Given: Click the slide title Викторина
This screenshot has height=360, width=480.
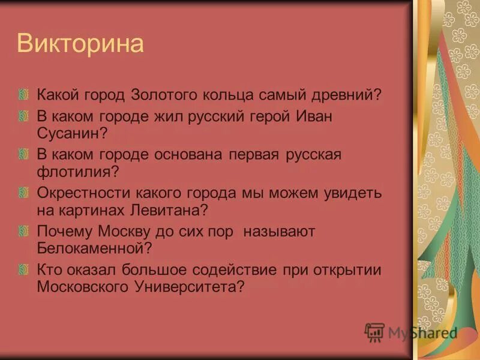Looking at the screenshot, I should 80,44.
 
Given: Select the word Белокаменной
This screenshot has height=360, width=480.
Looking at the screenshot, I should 91,248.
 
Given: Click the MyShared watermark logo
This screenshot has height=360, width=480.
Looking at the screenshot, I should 412,332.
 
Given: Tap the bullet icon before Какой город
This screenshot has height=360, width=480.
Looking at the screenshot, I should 23,95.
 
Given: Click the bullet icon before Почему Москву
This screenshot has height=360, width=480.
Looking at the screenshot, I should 23,232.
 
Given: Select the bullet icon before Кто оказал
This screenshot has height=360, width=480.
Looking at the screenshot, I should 23,270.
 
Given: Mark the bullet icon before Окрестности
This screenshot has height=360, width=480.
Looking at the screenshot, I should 23,194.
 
